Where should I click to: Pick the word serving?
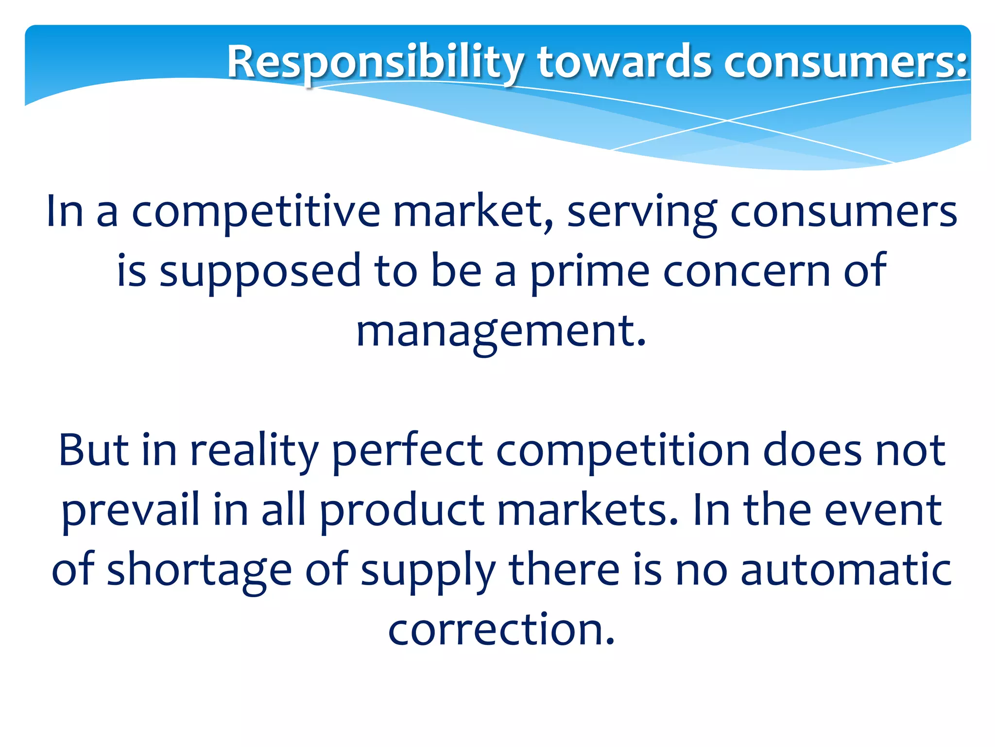(642, 213)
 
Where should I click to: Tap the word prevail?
(131, 511)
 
